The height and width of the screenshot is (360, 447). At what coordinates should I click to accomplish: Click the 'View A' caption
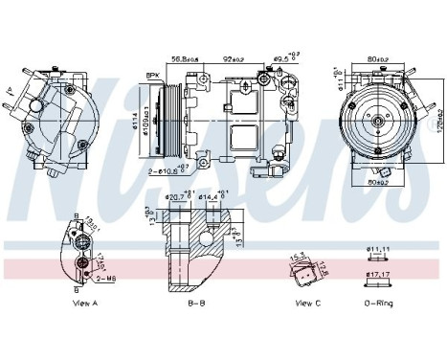[x=85, y=303]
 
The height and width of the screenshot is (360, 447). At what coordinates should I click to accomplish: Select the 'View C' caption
[x=307, y=303]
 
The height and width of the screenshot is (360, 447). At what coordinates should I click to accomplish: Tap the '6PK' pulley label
[x=151, y=75]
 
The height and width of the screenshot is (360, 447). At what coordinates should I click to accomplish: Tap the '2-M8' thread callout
[x=106, y=279]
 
